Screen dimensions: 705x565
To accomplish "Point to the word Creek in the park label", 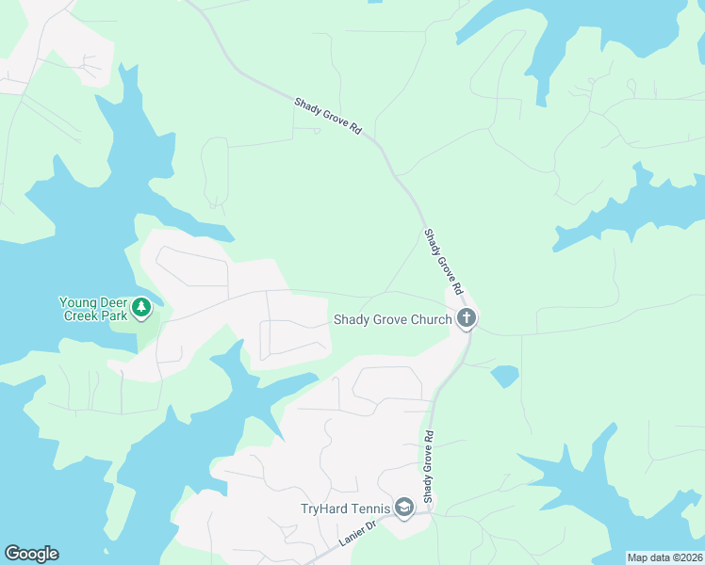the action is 81,315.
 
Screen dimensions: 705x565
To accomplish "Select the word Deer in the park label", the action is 113,302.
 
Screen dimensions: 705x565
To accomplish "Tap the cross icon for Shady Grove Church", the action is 466,319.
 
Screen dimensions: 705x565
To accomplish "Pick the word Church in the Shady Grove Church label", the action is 431,319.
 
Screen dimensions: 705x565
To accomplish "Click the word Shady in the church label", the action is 352,319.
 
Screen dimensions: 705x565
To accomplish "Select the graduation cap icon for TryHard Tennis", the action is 404,508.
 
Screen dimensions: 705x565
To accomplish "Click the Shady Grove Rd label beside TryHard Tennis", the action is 428,466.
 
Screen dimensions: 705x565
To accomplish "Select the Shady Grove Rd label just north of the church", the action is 445,259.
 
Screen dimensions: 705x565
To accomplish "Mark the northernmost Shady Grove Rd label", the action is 328,114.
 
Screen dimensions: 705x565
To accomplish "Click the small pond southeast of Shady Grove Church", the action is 504,376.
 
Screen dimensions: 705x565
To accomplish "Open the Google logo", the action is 31,554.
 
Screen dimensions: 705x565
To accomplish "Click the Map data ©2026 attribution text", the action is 664,557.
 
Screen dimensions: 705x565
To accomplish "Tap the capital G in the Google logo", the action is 12,554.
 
